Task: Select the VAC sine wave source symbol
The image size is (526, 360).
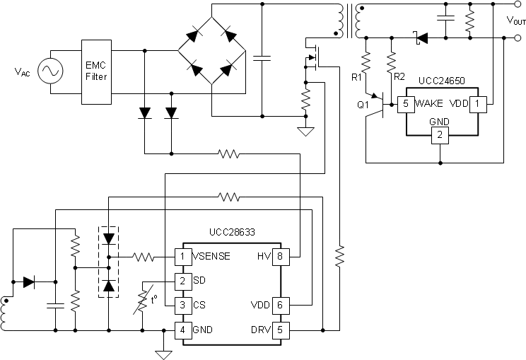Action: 51,71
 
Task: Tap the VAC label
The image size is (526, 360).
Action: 23,72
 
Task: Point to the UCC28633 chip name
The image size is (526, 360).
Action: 233,232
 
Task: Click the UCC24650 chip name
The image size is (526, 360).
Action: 442,81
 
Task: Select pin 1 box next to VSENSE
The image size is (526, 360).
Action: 182,256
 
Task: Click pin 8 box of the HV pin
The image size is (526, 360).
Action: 281,256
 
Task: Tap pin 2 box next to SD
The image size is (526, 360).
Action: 182,281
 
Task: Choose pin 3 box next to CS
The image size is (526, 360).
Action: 182,306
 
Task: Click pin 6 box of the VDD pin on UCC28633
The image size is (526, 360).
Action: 281,306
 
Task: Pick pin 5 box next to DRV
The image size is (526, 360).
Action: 281,330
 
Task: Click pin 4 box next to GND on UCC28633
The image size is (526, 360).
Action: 182,330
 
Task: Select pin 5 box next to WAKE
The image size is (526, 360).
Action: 404,103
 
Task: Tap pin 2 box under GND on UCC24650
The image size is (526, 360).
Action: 440,135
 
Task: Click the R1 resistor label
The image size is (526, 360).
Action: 357,76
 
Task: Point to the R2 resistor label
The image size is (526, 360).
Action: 399,76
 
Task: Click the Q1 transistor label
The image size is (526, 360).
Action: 363,104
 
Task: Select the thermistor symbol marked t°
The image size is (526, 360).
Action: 144,303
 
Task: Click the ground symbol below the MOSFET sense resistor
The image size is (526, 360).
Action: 306,132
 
